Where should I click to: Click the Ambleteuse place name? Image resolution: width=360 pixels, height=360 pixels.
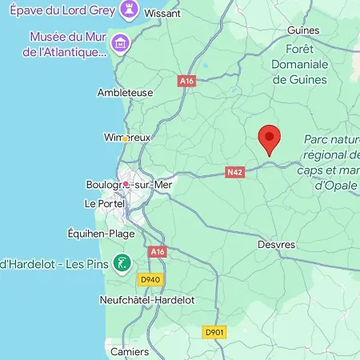coord(125,92)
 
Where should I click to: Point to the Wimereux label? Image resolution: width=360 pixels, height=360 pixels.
coord(127,138)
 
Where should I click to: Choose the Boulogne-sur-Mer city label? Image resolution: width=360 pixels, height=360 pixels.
coord(129,184)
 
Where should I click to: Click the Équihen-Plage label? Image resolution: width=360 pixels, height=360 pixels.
coord(101,234)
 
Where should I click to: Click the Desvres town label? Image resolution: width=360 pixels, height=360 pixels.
coord(277,244)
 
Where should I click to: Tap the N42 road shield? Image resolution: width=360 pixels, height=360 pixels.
coord(234,171)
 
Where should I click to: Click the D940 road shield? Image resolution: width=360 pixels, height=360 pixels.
coord(150,280)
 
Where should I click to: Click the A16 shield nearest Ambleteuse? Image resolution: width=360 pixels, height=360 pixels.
coord(187,81)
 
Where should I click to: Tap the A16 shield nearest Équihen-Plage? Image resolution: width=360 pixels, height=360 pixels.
coord(158,251)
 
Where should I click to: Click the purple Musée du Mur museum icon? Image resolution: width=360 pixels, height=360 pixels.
coord(120,42)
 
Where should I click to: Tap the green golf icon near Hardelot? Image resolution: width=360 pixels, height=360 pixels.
coord(122,262)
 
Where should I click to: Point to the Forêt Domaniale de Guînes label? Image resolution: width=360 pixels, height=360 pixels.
coord(299,62)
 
